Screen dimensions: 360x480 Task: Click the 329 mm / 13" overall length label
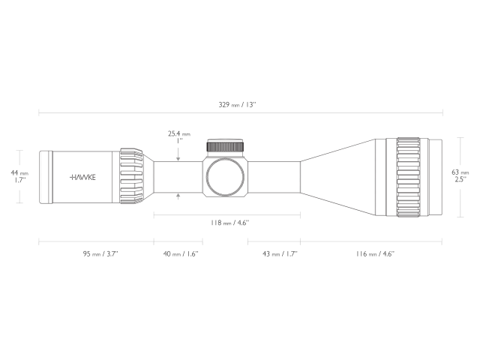click(238, 104)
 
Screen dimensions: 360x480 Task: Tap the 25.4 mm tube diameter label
click(178, 133)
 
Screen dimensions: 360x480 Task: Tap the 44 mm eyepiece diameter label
click(19, 172)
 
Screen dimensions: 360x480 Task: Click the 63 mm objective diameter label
click(459, 172)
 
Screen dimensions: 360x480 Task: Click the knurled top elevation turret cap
click(226, 147)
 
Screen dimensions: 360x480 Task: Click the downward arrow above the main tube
click(178, 157)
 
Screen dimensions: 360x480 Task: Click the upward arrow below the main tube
click(178, 196)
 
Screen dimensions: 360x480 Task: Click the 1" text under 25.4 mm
click(178, 141)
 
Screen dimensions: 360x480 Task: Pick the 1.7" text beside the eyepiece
click(19, 181)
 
